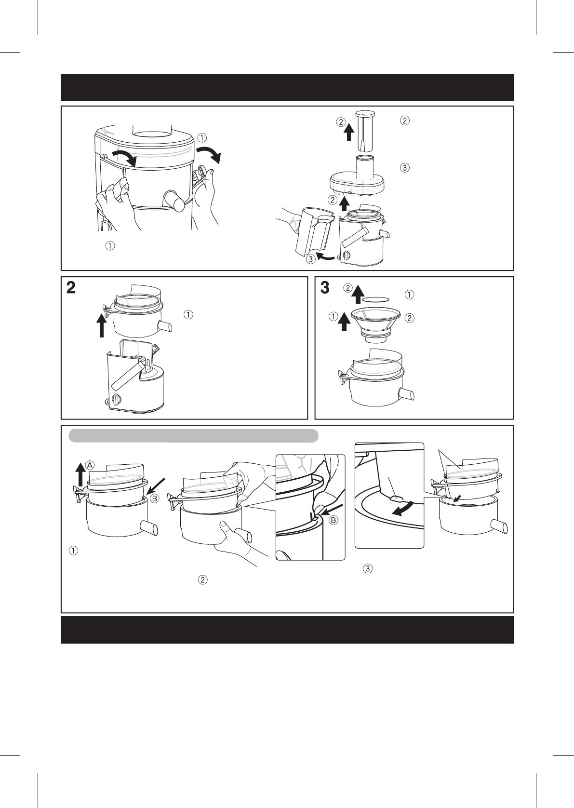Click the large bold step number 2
(x=71, y=288)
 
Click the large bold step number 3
(x=325, y=288)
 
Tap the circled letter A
(x=90, y=465)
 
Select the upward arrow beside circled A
(x=80, y=475)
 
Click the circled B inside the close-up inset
(x=334, y=520)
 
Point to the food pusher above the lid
(x=364, y=132)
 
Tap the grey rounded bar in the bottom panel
(x=193, y=436)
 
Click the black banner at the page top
(x=287, y=88)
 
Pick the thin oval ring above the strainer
(x=376, y=299)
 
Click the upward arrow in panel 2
(x=102, y=325)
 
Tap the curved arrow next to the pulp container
(x=327, y=257)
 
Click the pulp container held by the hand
(x=314, y=230)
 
